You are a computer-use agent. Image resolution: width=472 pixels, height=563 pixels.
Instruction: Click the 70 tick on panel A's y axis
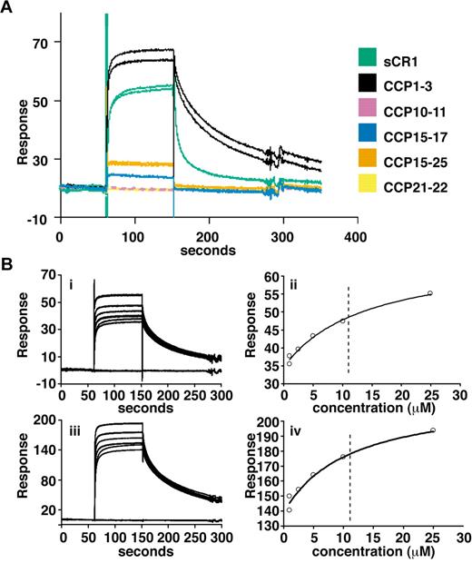point(40,42)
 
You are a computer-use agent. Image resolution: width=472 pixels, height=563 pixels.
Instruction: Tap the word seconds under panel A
point(208,249)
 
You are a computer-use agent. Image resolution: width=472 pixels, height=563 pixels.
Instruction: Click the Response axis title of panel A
point(13,127)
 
